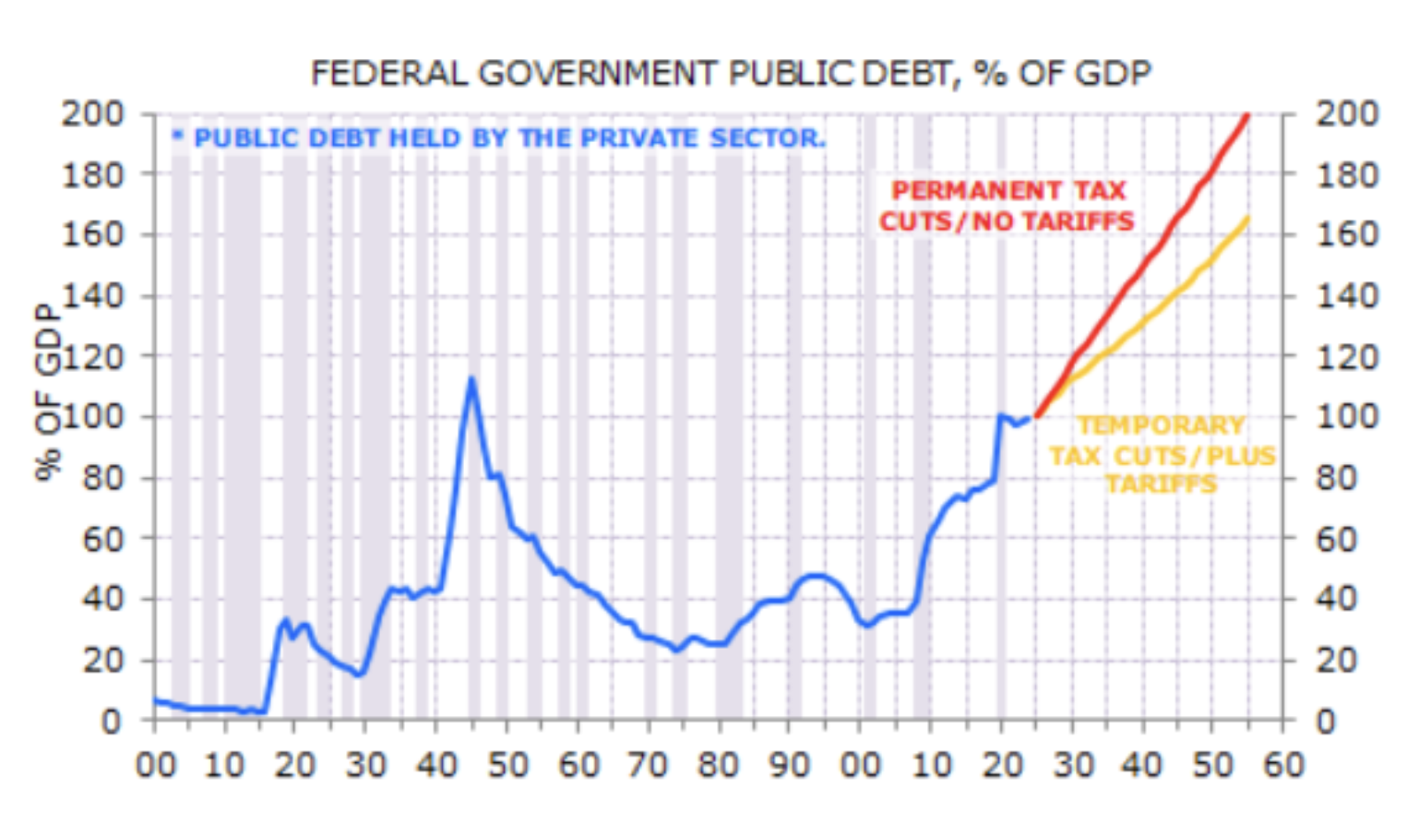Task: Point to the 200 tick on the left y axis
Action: [x=92, y=114]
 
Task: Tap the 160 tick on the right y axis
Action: [x=1346, y=235]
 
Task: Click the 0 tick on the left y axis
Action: [x=111, y=721]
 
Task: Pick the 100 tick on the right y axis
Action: [x=1346, y=417]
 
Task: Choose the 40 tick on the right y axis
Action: [x=1336, y=599]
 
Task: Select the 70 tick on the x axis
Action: [x=648, y=765]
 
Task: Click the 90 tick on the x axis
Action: [x=789, y=765]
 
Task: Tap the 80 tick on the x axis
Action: [x=718, y=765]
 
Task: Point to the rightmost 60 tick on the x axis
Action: [x=1282, y=765]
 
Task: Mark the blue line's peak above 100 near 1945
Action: [x=471, y=379]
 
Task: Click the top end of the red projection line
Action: [x=1247, y=115]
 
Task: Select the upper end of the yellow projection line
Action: [x=1247, y=219]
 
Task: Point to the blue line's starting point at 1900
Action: [x=155, y=700]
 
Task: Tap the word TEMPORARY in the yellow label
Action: [x=1161, y=425]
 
